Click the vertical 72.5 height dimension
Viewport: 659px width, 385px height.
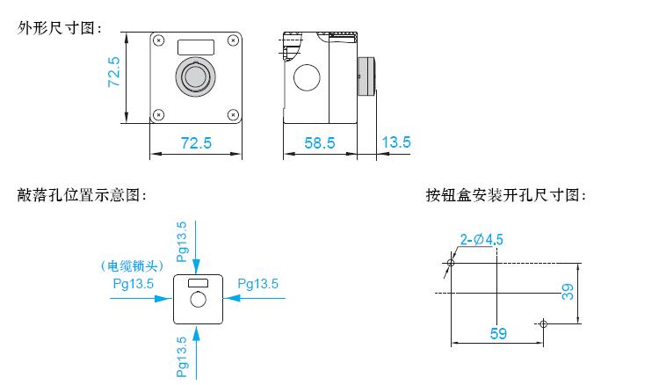pyautogui.click(x=114, y=72)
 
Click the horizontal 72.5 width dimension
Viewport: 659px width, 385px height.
pyautogui.click(x=196, y=143)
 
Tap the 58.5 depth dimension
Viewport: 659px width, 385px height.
pyautogui.click(x=320, y=143)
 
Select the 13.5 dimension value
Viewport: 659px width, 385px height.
pyautogui.click(x=396, y=142)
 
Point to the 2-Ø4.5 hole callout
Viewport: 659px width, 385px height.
pyautogui.click(x=482, y=240)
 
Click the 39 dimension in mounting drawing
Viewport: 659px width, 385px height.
pyautogui.click(x=568, y=291)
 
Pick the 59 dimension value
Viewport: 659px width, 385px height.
pyautogui.click(x=498, y=334)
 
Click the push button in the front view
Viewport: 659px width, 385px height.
pyautogui.click(x=195, y=76)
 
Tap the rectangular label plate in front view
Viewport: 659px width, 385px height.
pyautogui.click(x=196, y=47)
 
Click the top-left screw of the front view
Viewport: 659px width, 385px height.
pyautogui.click(x=158, y=40)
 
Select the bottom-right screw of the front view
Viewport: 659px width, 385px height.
pyautogui.click(x=233, y=114)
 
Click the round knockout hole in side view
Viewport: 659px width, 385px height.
pyautogui.click(x=307, y=77)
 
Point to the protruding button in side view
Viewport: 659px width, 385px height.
pyautogui.click(x=366, y=76)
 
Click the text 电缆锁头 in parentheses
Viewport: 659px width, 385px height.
pyautogui.click(x=132, y=265)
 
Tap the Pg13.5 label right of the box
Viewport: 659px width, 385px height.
pyautogui.click(x=258, y=284)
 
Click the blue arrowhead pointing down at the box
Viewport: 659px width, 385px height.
pyautogui.click(x=196, y=267)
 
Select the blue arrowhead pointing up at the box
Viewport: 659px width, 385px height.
pyautogui.click(x=196, y=333)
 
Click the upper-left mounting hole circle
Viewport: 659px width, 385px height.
pyautogui.click(x=451, y=263)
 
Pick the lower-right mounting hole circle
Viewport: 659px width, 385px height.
pyautogui.click(x=543, y=323)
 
